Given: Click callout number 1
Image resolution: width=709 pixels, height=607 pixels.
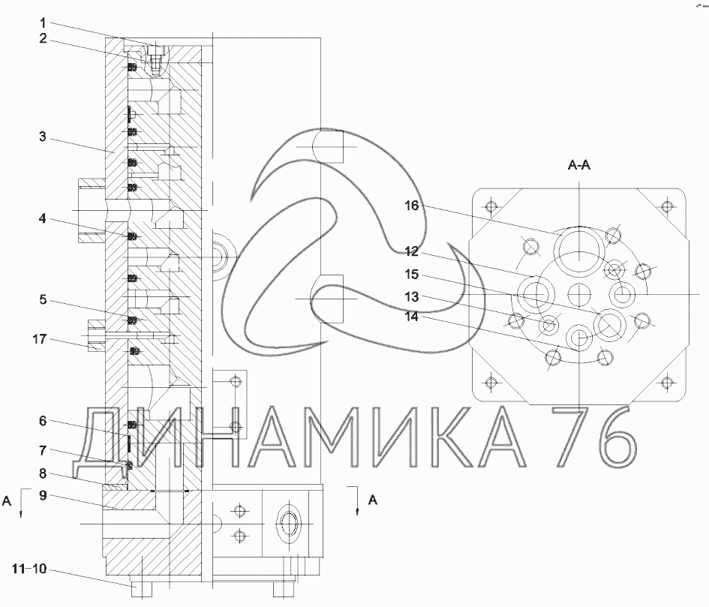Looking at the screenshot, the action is [43, 23].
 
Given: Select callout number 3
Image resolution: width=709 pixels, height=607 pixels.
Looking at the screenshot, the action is [43, 136].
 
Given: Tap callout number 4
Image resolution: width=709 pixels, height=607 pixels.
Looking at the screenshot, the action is [43, 218].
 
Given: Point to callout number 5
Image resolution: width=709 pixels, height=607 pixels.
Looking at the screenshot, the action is [43, 299].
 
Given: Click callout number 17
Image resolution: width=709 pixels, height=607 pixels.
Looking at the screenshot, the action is [40, 338].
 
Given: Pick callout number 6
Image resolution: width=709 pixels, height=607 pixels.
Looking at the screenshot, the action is [43, 421].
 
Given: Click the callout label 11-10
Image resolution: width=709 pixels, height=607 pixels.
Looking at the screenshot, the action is [29, 568].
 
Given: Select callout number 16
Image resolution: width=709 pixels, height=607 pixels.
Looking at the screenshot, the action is [411, 206].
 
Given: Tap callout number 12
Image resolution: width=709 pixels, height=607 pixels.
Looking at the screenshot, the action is [411, 251].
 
